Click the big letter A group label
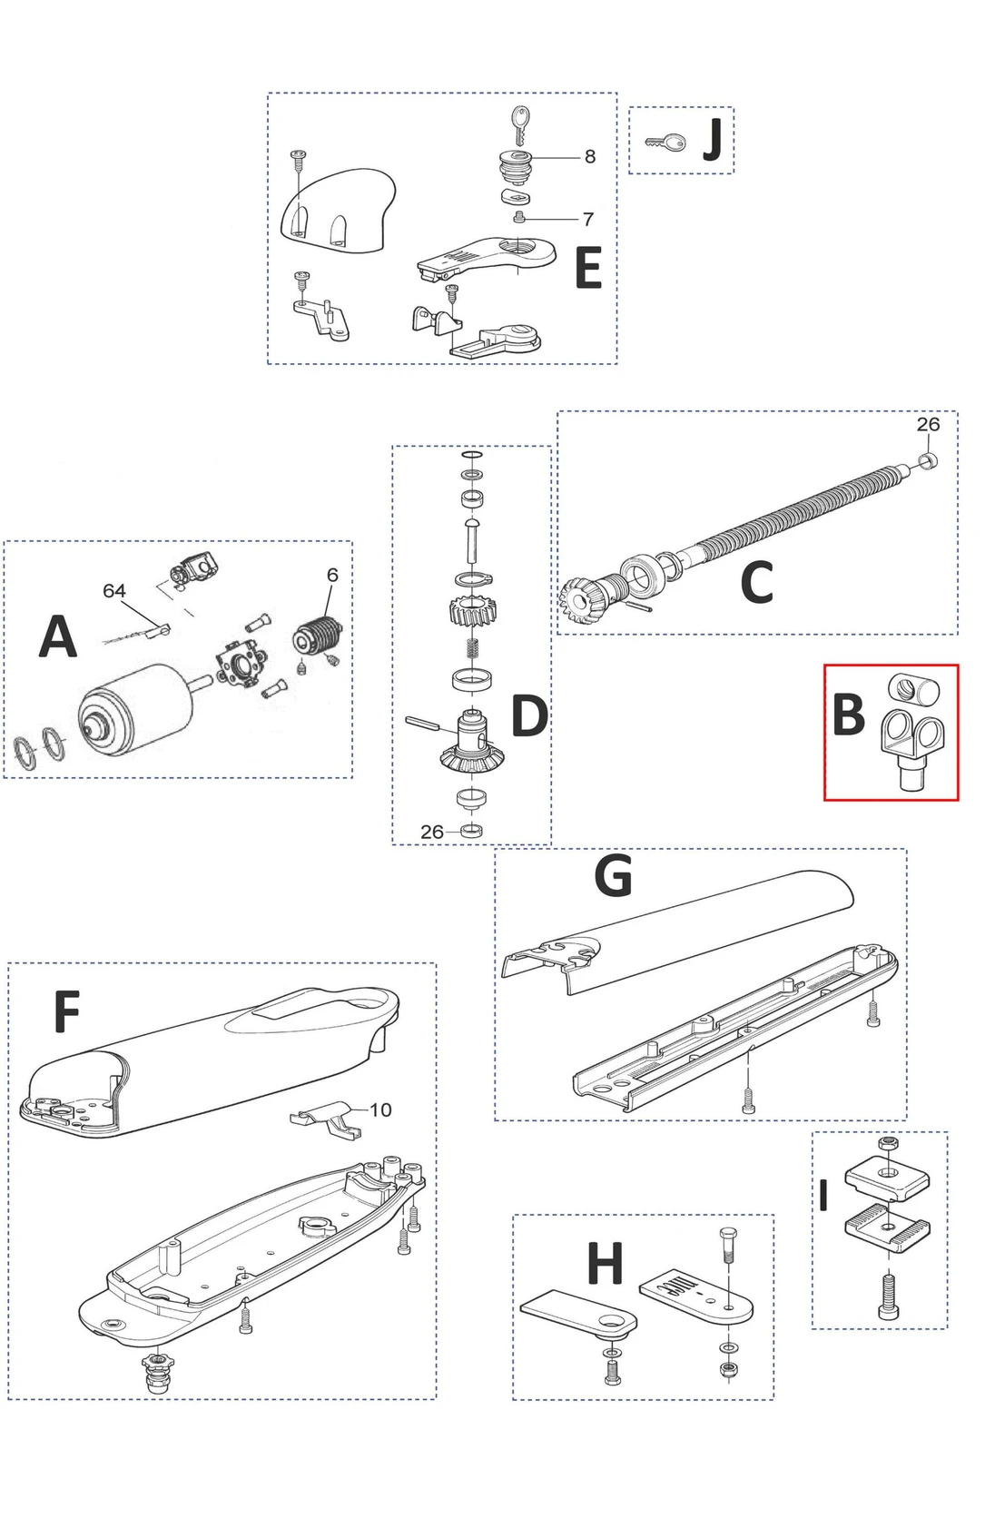[x=57, y=636]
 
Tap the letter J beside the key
[x=714, y=140]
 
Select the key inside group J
[x=665, y=143]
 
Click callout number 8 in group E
[x=589, y=157]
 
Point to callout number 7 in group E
[x=587, y=219]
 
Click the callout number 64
[x=113, y=591]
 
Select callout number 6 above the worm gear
[x=332, y=575]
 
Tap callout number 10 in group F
[x=380, y=1109]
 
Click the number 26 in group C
[x=928, y=424]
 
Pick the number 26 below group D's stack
[x=432, y=832]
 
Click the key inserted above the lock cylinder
[x=519, y=124]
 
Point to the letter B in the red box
[x=848, y=715]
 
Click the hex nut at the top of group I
[x=889, y=1143]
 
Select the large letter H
[x=606, y=1264]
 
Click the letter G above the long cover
[x=613, y=876]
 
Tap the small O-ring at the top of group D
[x=471, y=455]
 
